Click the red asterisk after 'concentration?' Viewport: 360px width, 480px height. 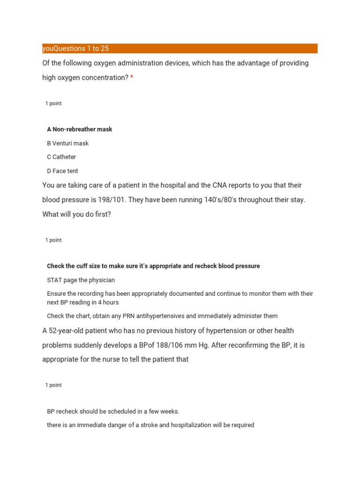tap(132, 78)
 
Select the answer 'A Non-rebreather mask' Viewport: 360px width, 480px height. tap(80, 129)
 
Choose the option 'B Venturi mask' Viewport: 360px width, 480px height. tap(68, 143)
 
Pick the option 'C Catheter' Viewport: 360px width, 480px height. tap(61, 157)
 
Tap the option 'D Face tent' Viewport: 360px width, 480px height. tap(63, 171)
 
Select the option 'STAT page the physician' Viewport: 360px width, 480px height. tap(81, 280)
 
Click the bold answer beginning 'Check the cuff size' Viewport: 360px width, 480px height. tap(153, 266)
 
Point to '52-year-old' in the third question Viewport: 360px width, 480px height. tap(66, 331)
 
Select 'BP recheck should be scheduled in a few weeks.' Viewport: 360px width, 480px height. tap(113, 412)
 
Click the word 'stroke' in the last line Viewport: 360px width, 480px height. tap(160, 426)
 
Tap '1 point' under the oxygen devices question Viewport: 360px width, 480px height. tap(53, 104)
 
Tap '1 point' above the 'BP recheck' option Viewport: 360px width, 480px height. tap(53, 385)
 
